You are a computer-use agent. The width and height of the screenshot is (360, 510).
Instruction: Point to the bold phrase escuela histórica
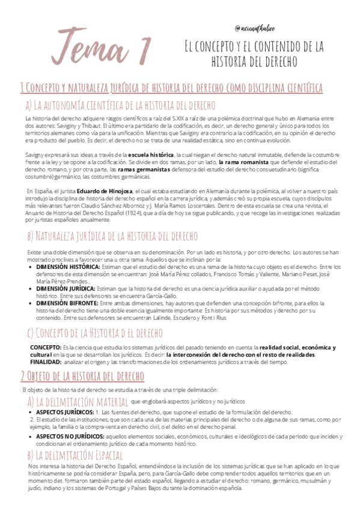(150, 155)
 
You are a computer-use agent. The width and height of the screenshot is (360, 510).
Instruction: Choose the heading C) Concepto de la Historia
(94, 333)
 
